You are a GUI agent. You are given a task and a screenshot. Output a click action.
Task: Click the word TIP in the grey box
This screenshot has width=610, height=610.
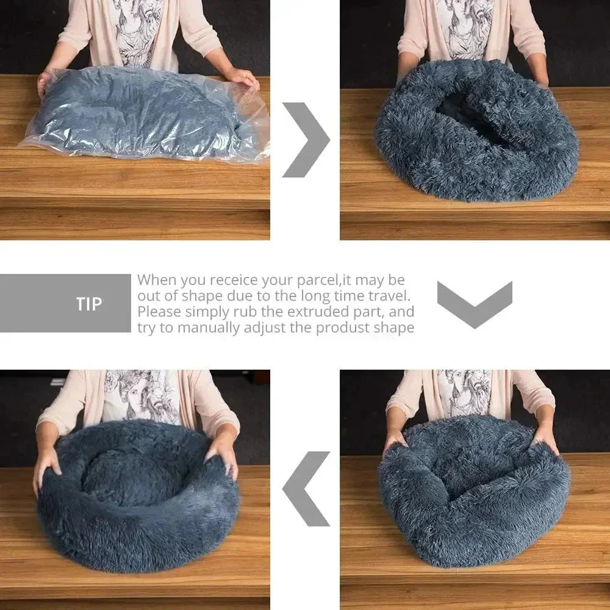click(x=89, y=304)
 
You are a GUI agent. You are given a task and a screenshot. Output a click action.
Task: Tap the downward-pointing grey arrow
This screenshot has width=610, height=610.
click(x=475, y=303)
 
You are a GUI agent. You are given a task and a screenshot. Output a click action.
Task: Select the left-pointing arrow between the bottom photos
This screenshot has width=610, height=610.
click(x=306, y=489)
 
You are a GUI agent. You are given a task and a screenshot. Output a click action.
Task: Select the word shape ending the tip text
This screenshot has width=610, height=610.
click(x=396, y=328)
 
